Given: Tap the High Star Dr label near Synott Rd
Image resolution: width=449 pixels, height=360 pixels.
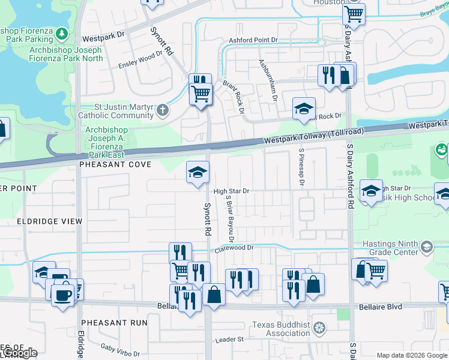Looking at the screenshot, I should pyautogui.click(x=231, y=191).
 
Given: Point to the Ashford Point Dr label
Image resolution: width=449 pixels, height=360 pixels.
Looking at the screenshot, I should pyautogui.click(x=254, y=40).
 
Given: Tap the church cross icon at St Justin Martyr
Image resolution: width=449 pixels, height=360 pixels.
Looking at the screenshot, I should pyautogui.click(x=163, y=110).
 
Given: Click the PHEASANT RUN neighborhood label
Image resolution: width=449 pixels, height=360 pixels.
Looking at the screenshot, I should pyautogui.click(x=115, y=322).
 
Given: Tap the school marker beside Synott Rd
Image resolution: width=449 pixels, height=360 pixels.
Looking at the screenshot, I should pyautogui.click(x=197, y=173).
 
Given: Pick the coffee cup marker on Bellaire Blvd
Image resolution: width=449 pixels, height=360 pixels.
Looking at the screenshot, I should pyautogui.click(x=63, y=295).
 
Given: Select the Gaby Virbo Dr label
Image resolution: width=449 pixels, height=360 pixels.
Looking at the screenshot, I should pyautogui.click(x=120, y=350).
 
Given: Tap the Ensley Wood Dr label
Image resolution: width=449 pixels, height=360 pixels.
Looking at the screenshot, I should pyautogui.click(x=141, y=56).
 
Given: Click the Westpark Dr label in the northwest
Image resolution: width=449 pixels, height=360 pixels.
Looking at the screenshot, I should pyautogui.click(x=103, y=36).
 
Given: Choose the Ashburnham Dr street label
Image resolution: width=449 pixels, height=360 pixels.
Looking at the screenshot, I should pyautogui.click(x=268, y=79).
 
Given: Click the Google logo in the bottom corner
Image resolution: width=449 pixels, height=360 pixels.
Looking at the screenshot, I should pyautogui.click(x=20, y=353).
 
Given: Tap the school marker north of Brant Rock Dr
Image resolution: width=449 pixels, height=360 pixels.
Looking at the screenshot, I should pyautogui.click(x=304, y=108).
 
